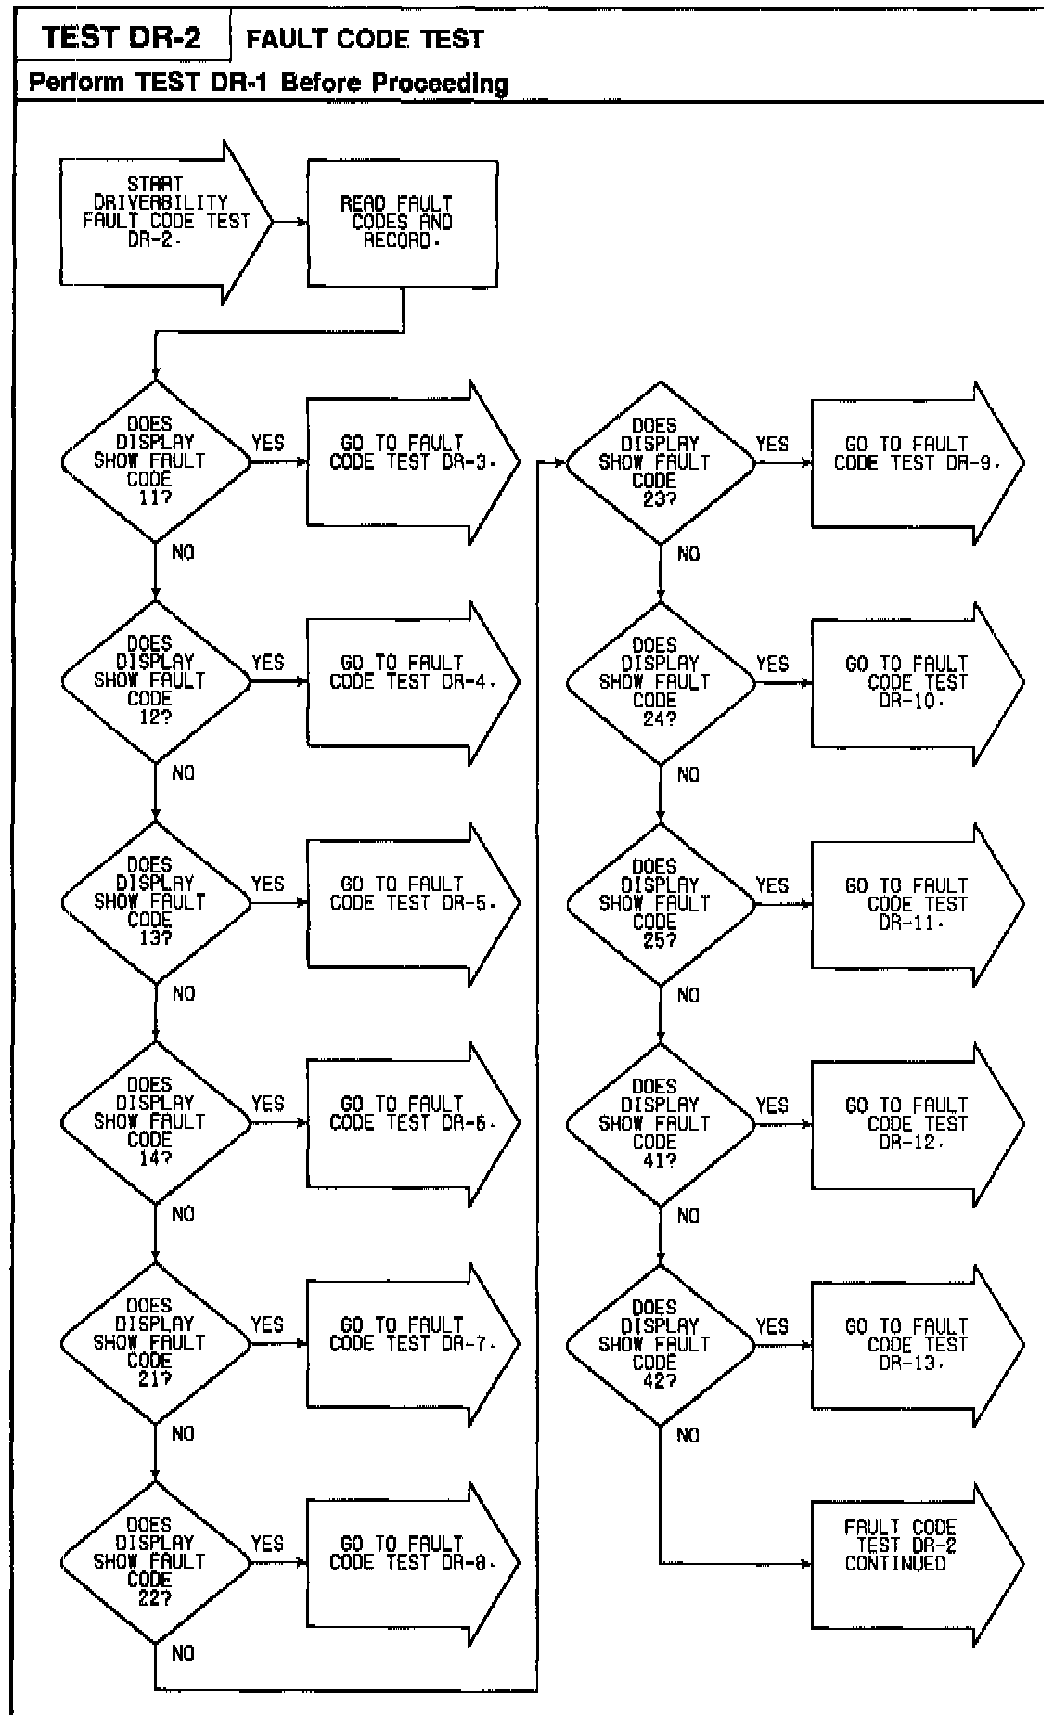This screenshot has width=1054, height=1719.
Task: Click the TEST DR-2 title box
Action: click(122, 37)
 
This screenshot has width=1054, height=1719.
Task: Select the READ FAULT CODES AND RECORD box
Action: click(402, 223)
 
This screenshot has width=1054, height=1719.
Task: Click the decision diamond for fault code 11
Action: click(155, 460)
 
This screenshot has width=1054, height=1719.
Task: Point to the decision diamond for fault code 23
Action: click(660, 462)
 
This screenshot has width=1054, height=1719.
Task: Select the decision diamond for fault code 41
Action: click(660, 1123)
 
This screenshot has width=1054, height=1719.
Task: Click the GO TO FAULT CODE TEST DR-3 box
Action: click(408, 461)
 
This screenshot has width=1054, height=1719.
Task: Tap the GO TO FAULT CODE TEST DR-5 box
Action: click(408, 902)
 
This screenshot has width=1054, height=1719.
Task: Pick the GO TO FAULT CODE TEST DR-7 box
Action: click(408, 1343)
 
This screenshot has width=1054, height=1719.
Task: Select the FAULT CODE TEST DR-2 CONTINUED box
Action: click(909, 1563)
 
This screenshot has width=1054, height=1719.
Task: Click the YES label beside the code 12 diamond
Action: click(268, 663)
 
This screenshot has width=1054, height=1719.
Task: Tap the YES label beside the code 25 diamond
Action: click(772, 885)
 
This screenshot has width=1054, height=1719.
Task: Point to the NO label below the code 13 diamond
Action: click(184, 993)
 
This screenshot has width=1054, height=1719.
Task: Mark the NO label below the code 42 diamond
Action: click(688, 1435)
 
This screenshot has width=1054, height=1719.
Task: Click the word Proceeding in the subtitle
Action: click(440, 83)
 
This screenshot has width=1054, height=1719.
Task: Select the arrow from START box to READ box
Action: click(290, 223)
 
